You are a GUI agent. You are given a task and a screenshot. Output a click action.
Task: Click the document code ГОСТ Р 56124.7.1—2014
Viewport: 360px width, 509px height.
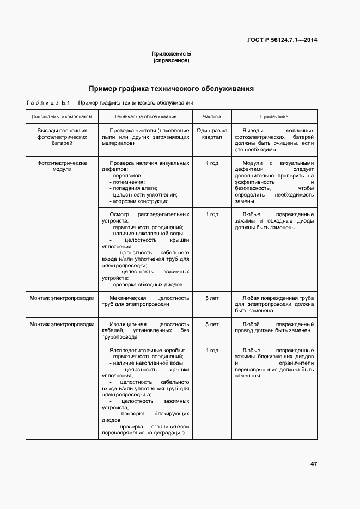point(282,40)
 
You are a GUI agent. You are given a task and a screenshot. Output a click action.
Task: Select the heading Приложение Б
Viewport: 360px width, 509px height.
point(171,53)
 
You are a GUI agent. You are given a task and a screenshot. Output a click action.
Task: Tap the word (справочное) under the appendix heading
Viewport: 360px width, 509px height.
point(171,60)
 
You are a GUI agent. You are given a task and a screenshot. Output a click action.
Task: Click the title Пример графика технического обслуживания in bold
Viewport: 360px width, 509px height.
point(171,89)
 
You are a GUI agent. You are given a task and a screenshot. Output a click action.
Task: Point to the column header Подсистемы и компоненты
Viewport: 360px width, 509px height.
point(62,116)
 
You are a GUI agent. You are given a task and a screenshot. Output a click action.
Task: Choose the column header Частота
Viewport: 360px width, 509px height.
point(212,116)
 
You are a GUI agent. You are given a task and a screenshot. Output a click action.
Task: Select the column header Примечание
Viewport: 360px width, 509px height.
point(274,116)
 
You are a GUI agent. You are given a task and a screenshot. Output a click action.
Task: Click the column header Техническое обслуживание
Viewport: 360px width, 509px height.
point(145,116)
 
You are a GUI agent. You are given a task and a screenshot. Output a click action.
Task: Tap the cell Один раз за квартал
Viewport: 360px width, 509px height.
point(212,134)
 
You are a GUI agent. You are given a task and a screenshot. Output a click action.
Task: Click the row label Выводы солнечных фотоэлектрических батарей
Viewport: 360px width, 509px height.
point(62,137)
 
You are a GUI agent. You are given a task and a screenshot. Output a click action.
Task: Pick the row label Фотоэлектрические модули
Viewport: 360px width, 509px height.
point(62,165)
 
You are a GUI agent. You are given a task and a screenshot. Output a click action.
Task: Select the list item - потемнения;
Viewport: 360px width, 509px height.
point(127,182)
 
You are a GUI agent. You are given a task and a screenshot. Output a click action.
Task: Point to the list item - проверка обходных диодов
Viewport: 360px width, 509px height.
point(146,284)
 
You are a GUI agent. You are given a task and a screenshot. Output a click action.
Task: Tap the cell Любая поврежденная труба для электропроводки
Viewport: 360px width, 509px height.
point(274,304)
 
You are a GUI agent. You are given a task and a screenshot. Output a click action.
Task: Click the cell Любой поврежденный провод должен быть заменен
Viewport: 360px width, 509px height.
point(274,327)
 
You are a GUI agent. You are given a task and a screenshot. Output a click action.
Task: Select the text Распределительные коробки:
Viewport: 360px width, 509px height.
point(147,350)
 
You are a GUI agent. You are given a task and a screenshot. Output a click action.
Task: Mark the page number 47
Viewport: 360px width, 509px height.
point(313,464)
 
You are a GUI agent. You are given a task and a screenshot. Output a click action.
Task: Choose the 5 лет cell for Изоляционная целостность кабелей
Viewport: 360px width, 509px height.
point(212,324)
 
